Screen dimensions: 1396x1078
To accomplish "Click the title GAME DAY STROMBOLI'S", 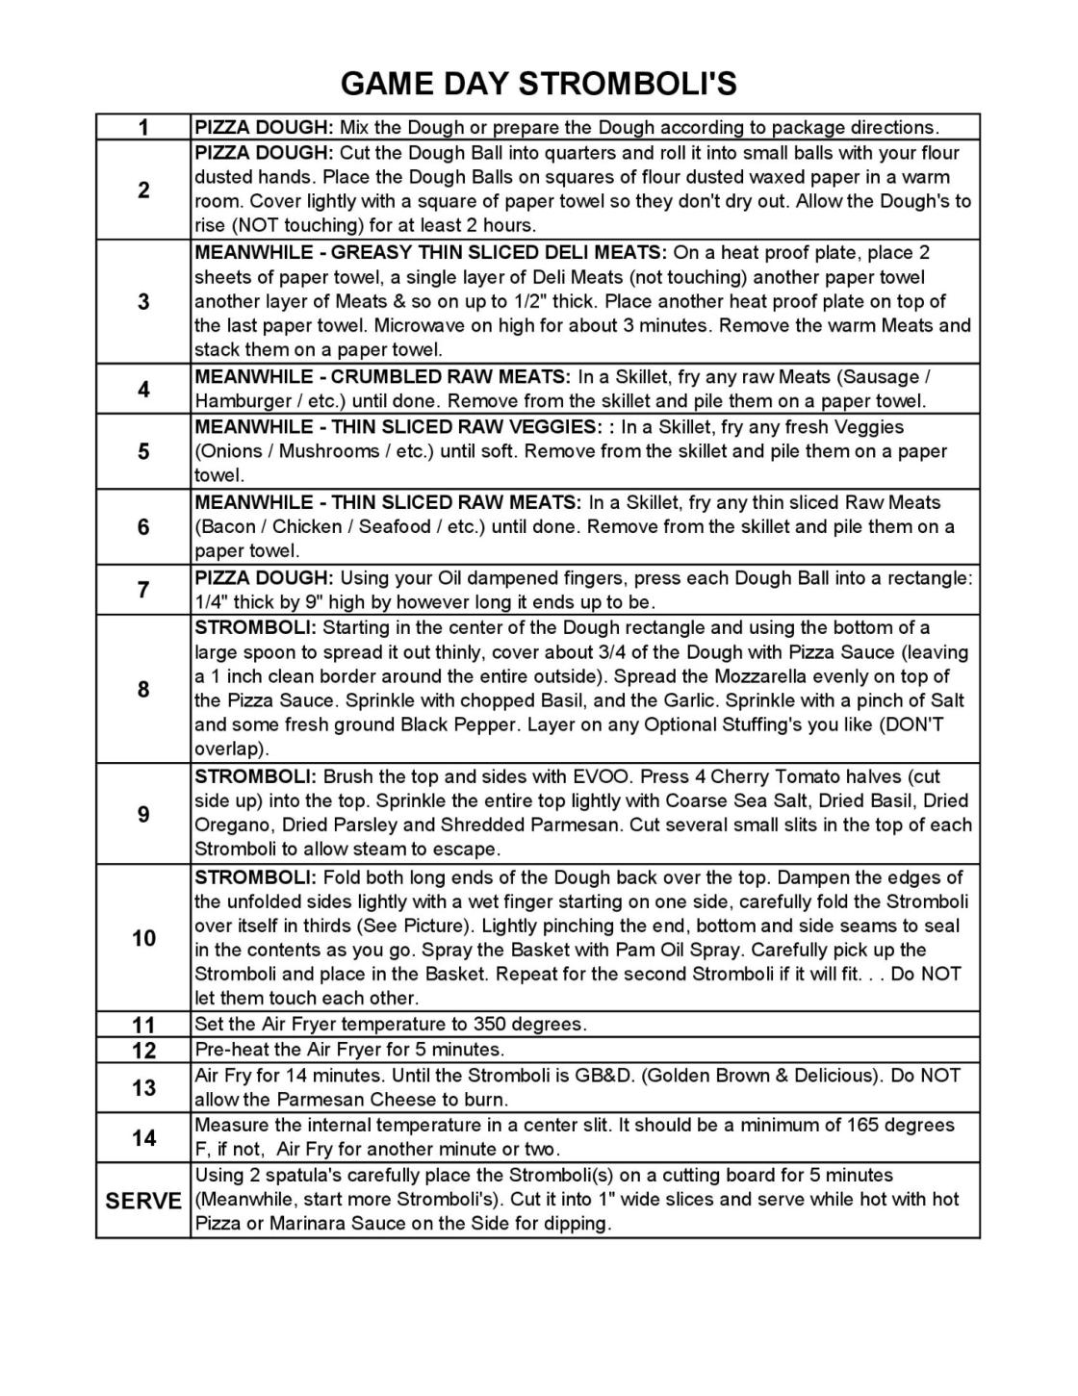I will (x=538, y=85).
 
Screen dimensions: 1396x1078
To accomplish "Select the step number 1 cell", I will (x=143, y=127).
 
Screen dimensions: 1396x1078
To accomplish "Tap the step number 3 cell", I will (x=143, y=301).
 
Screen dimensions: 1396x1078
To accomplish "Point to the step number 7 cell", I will (x=143, y=590).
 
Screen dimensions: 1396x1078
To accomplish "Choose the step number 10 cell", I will (x=143, y=937).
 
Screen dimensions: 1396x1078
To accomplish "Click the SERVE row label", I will (x=143, y=1200).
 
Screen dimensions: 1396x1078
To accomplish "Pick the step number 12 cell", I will (x=143, y=1049).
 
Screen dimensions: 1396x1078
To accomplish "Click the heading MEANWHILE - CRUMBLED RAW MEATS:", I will (x=383, y=376).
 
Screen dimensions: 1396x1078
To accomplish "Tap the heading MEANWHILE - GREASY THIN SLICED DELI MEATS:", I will (x=430, y=252).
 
